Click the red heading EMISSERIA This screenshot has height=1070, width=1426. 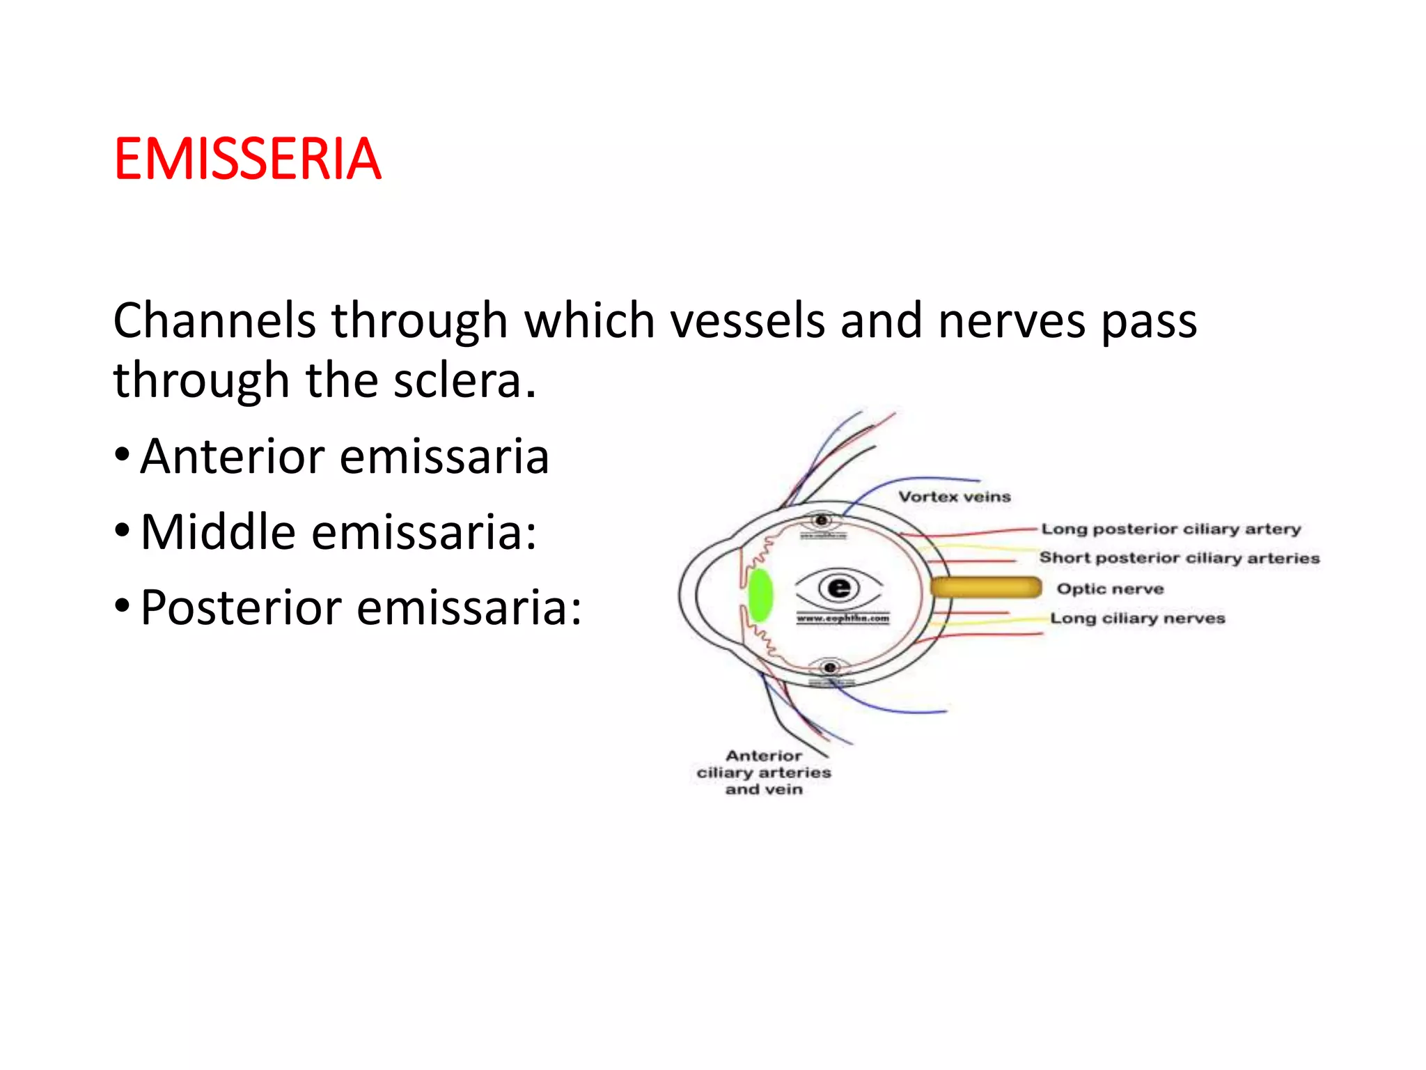tap(247, 160)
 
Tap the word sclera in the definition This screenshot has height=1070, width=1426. tap(457, 381)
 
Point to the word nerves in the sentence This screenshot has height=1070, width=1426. tap(1012, 321)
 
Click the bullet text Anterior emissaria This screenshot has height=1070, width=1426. tap(344, 457)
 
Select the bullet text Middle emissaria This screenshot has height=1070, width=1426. tap(338, 532)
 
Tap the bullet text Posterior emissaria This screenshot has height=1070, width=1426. tap(361, 607)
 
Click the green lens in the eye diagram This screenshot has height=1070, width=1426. tap(760, 595)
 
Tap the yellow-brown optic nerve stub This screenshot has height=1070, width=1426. tap(985, 587)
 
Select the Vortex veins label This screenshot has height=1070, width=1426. tap(954, 497)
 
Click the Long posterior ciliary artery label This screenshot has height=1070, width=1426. tap(1170, 529)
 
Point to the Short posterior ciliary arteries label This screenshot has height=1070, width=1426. tap(1179, 558)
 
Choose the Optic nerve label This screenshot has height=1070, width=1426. tap(1110, 589)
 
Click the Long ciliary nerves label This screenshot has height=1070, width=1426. tap(1137, 619)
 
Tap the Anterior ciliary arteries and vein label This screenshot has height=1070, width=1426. tap(764, 773)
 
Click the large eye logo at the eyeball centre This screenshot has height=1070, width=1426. tap(839, 588)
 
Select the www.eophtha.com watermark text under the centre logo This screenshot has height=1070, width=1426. tap(843, 619)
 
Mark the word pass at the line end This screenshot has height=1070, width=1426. tap(1148, 323)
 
